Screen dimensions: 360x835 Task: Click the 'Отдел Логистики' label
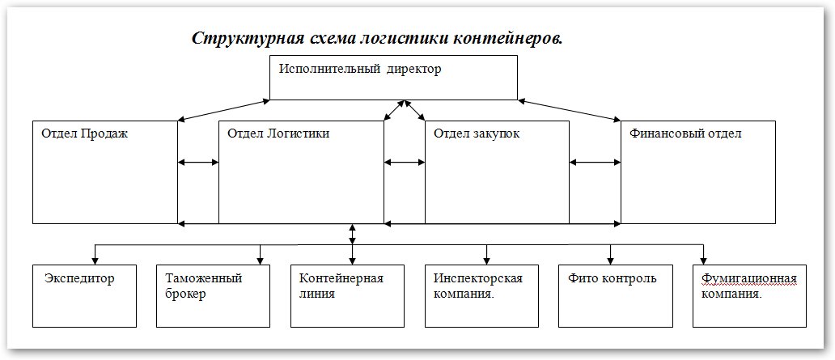pyautogui.click(x=278, y=133)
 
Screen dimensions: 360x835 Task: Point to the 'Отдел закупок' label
pyautogui.click(x=477, y=133)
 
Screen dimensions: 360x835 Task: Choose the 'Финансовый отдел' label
pyautogui.click(x=685, y=133)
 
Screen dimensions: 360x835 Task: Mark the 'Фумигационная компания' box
pyautogui.click(x=748, y=294)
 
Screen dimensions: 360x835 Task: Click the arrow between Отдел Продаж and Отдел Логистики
pyautogui.click(x=198, y=163)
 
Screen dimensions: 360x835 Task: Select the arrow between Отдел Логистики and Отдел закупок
pyautogui.click(x=405, y=163)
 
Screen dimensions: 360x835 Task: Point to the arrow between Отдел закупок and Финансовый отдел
pyautogui.click(x=595, y=163)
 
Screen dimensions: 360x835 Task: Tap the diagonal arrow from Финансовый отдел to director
pyautogui.click(x=570, y=110)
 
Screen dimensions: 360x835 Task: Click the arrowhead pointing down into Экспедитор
pyautogui.click(x=95, y=259)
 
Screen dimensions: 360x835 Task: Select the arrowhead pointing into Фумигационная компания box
pyautogui.click(x=705, y=259)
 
